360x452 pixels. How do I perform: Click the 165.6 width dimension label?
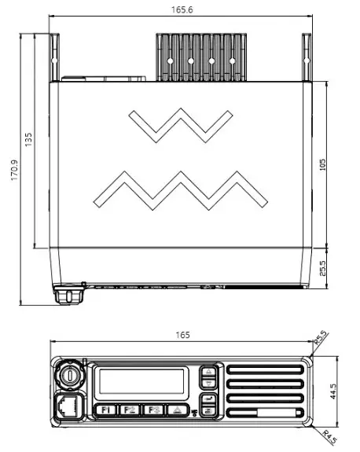[x=180, y=9]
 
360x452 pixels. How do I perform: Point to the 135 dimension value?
[x=29, y=138]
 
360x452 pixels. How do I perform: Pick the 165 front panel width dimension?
[x=182, y=335]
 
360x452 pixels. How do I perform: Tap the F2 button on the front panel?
[x=130, y=410]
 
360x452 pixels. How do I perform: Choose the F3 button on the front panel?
[x=154, y=410]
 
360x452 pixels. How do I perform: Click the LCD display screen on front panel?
[x=141, y=384]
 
